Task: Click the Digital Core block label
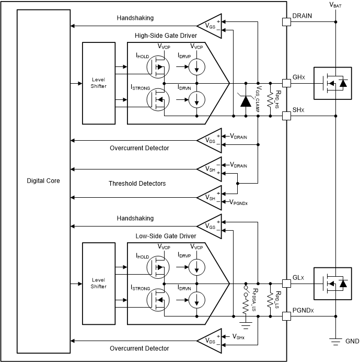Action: click(43, 180)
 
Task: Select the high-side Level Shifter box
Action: click(98, 83)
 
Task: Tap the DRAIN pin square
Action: click(286, 22)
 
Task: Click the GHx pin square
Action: click(286, 83)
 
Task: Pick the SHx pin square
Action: click(286, 116)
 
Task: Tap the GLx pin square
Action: click(286, 283)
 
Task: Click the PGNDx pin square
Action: click(286, 316)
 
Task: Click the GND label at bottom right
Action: click(352, 341)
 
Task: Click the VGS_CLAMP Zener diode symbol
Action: click(245, 100)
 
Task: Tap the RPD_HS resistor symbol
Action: click(270, 99)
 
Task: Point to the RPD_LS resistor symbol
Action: click(270, 300)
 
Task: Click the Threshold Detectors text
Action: click(137, 183)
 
